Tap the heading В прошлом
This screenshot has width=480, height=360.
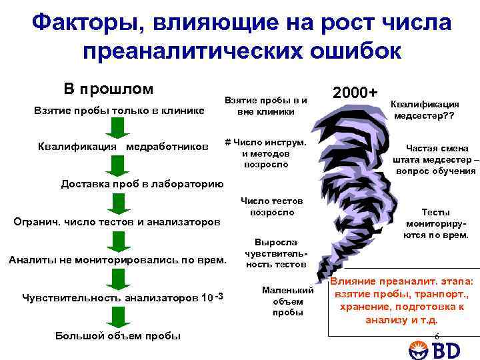(108, 89)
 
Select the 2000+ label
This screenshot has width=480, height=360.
(355, 92)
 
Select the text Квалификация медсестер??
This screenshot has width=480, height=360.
(424, 111)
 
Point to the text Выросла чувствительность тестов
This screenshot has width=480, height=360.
(267, 254)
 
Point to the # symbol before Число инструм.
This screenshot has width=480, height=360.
(228, 142)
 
